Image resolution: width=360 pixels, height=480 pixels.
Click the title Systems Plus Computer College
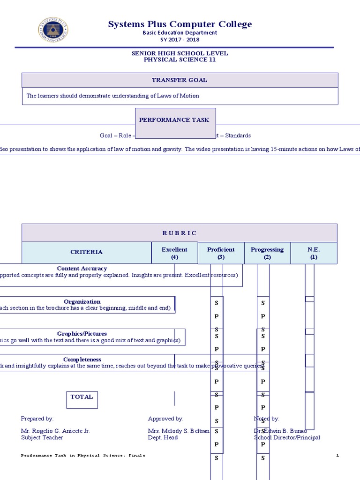coord(180,24)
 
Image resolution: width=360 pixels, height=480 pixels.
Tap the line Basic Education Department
coord(180,33)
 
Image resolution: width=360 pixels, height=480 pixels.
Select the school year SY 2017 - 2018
coord(180,39)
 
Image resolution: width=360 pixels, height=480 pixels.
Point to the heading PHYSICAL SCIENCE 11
coord(180,60)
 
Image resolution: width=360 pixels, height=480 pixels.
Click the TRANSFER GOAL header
coord(180,80)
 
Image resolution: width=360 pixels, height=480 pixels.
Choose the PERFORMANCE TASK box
coord(174,120)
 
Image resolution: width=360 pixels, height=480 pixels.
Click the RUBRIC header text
coord(180,233)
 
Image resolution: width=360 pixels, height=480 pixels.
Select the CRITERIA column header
coord(86,252)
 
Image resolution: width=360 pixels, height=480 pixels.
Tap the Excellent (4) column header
coord(174,253)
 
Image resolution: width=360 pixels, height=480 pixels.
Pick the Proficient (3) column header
coord(221,253)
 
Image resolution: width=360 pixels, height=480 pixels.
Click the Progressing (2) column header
coord(267,253)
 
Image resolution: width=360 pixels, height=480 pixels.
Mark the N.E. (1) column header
coord(314,253)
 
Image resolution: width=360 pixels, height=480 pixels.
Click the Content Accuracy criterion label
coord(82,269)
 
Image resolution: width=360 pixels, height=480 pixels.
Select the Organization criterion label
coord(82,302)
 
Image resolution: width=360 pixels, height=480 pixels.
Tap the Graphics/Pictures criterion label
coord(82,334)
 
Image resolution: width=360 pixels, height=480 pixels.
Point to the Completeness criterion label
coord(82,360)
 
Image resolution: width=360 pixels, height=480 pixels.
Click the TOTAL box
coord(82,397)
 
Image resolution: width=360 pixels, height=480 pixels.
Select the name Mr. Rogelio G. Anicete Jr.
coord(55,431)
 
